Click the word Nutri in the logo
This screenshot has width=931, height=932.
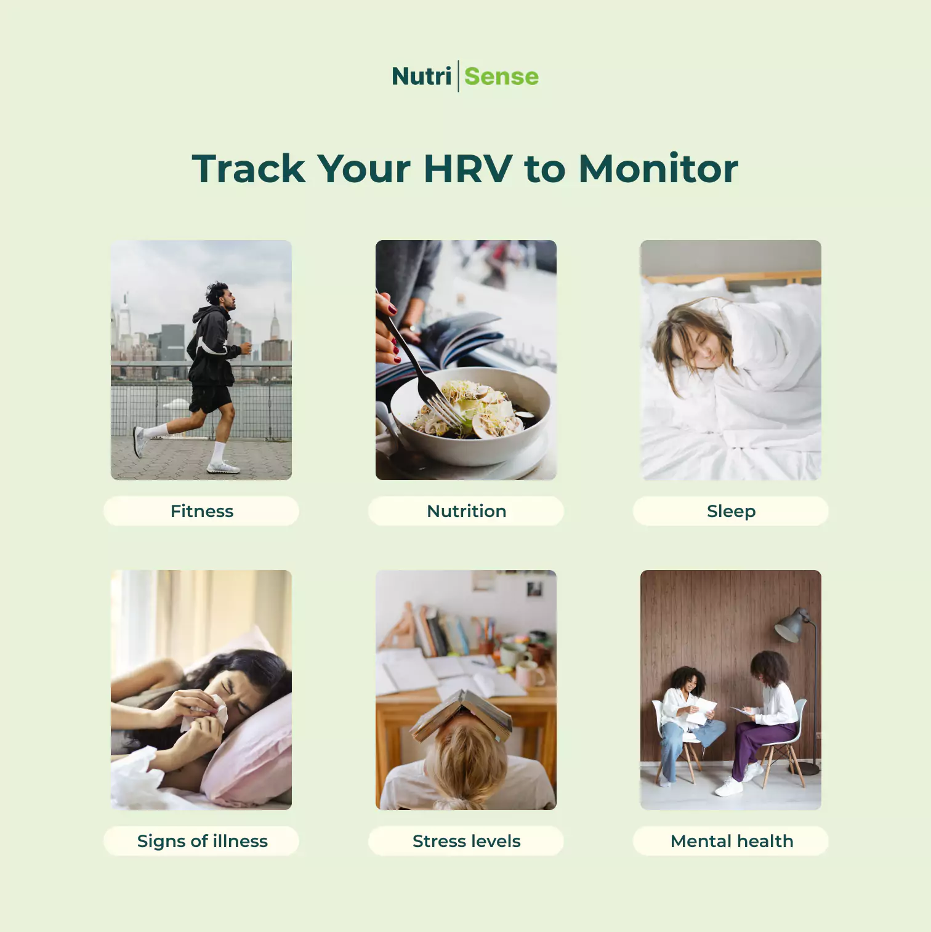pyautogui.click(x=422, y=76)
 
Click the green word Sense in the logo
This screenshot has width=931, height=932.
pyautogui.click(x=501, y=76)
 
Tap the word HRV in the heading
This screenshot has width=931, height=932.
pyautogui.click(x=468, y=169)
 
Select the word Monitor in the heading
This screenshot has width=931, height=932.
pyautogui.click(x=658, y=169)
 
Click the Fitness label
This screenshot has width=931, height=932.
pyautogui.click(x=202, y=511)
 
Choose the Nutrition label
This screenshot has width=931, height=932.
pyautogui.click(x=466, y=511)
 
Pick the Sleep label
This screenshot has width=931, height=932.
pyautogui.click(x=731, y=511)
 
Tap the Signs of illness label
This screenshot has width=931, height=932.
pyautogui.click(x=202, y=841)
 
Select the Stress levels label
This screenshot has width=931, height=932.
pyautogui.click(x=466, y=841)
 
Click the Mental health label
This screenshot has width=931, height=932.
pyautogui.click(x=731, y=841)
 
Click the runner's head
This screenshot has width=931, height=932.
pyautogui.click(x=220, y=295)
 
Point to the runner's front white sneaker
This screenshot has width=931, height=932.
pyautogui.click(x=223, y=467)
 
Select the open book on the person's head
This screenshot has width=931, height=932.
pyautogui.click(x=462, y=714)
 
